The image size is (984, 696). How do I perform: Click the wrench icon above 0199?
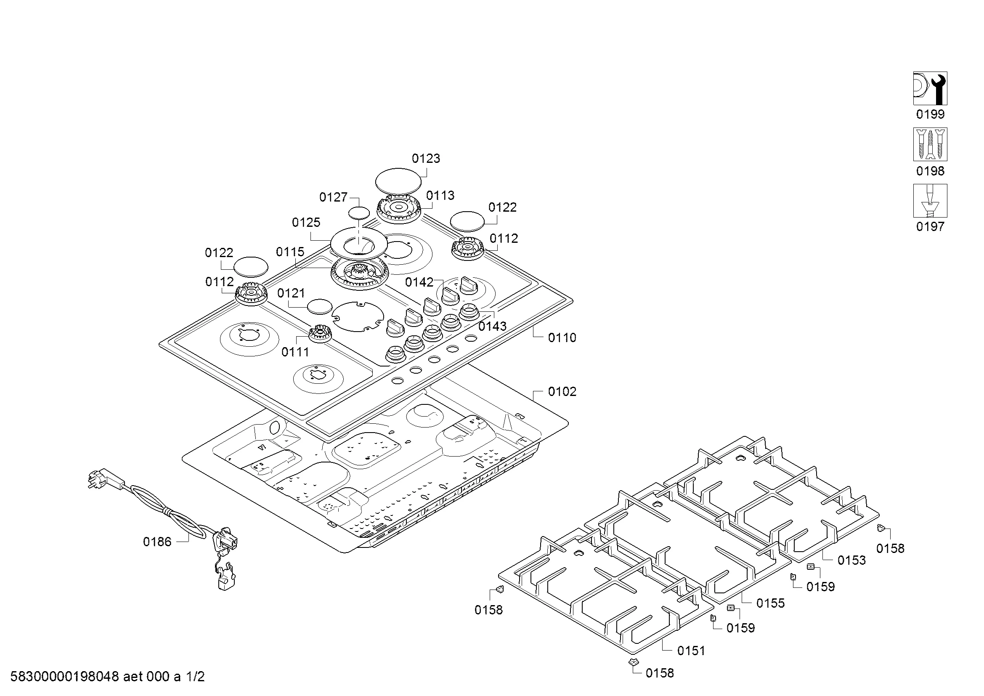pyautogui.click(x=930, y=88)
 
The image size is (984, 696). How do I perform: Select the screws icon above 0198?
pyautogui.click(x=930, y=144)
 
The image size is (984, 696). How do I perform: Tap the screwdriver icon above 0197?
pyautogui.click(x=930, y=201)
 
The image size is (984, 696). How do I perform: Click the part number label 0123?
pyautogui.click(x=426, y=159)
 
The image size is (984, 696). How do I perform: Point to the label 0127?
pyautogui.click(x=333, y=197)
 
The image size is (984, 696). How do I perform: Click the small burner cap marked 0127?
pyautogui.click(x=358, y=213)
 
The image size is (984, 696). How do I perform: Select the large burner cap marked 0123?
pyautogui.click(x=398, y=181)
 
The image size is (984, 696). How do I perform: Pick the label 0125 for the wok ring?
pyautogui.click(x=306, y=223)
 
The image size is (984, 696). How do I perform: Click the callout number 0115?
pyautogui.click(x=290, y=252)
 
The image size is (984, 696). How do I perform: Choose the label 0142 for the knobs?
pyautogui.click(x=419, y=282)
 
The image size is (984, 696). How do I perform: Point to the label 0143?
pyautogui.click(x=492, y=327)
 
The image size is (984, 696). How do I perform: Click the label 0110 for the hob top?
pyautogui.click(x=562, y=338)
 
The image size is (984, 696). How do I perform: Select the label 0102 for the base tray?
pyautogui.click(x=562, y=392)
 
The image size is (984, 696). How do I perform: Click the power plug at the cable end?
pyautogui.click(x=98, y=480)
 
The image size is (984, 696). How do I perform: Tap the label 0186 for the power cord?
pyautogui.click(x=157, y=542)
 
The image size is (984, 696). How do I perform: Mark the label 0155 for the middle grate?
pyautogui.click(x=770, y=603)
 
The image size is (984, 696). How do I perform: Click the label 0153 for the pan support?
pyautogui.click(x=851, y=560)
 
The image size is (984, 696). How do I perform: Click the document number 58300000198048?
pyautogui.click(x=64, y=677)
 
